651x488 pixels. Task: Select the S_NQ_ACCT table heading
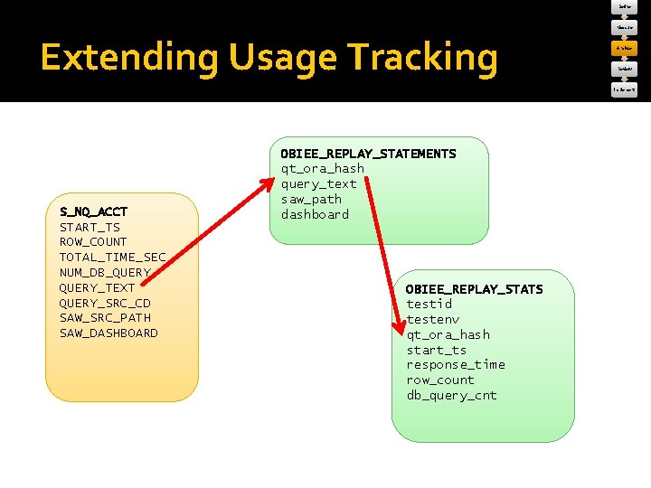[93, 211]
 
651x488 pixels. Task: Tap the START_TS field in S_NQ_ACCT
[90, 227]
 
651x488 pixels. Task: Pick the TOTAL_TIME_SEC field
[112, 258]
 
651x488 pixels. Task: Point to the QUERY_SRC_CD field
[105, 303]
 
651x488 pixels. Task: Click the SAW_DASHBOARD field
[108, 333]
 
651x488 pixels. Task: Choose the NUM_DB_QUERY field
[105, 272]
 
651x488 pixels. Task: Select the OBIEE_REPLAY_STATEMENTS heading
[368, 154]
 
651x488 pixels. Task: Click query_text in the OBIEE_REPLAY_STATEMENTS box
[318, 183]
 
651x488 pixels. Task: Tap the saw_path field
[311, 199]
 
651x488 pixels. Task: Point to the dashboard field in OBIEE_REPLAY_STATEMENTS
[315, 214]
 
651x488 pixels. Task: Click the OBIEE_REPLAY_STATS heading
[475, 289]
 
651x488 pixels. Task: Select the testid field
[429, 305]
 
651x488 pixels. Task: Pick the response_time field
[456, 364]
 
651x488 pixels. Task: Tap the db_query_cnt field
[451, 395]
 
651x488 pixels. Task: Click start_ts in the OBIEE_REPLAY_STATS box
[437, 350]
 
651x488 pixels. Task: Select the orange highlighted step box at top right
[626, 48]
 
